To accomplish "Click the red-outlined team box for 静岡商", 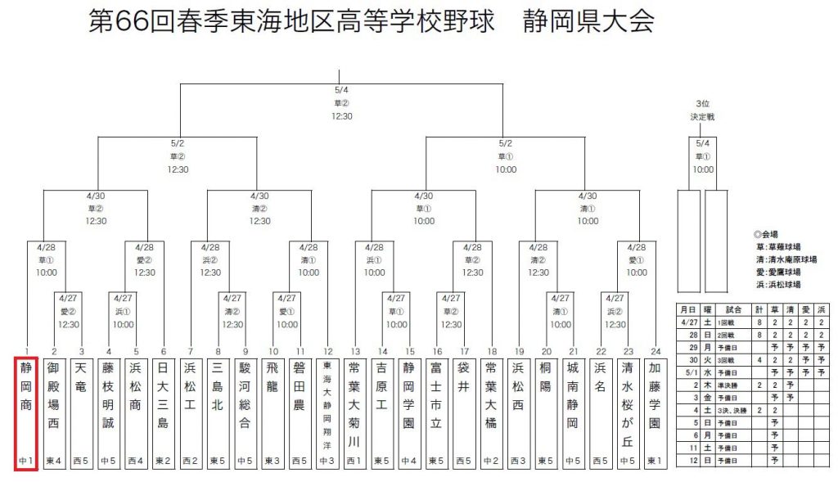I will click(27, 413).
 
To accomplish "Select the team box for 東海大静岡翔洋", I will click(327, 413).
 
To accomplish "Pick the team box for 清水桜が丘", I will click(628, 413).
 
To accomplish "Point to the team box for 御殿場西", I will click(54, 413).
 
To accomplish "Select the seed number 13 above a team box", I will click(355, 350).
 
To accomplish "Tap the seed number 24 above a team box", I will click(656, 350).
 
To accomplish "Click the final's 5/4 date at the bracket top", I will click(341, 91).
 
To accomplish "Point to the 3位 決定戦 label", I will click(701, 110).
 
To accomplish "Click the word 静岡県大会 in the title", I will click(588, 22).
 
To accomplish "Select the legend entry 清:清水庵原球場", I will click(786, 259).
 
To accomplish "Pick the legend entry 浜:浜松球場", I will click(778, 284).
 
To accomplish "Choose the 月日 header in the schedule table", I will click(687, 309).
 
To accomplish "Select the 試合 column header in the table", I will click(733, 309).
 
